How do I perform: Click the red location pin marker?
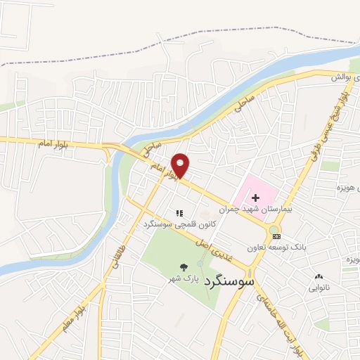(181, 165)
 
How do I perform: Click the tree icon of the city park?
(184, 267)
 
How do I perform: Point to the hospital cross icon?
(255, 198)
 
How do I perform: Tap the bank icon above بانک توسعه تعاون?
(275, 236)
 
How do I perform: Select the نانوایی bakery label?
(319, 287)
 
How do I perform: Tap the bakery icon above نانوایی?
(319, 276)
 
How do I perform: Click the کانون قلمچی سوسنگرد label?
(179, 224)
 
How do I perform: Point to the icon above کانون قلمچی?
(179, 212)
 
